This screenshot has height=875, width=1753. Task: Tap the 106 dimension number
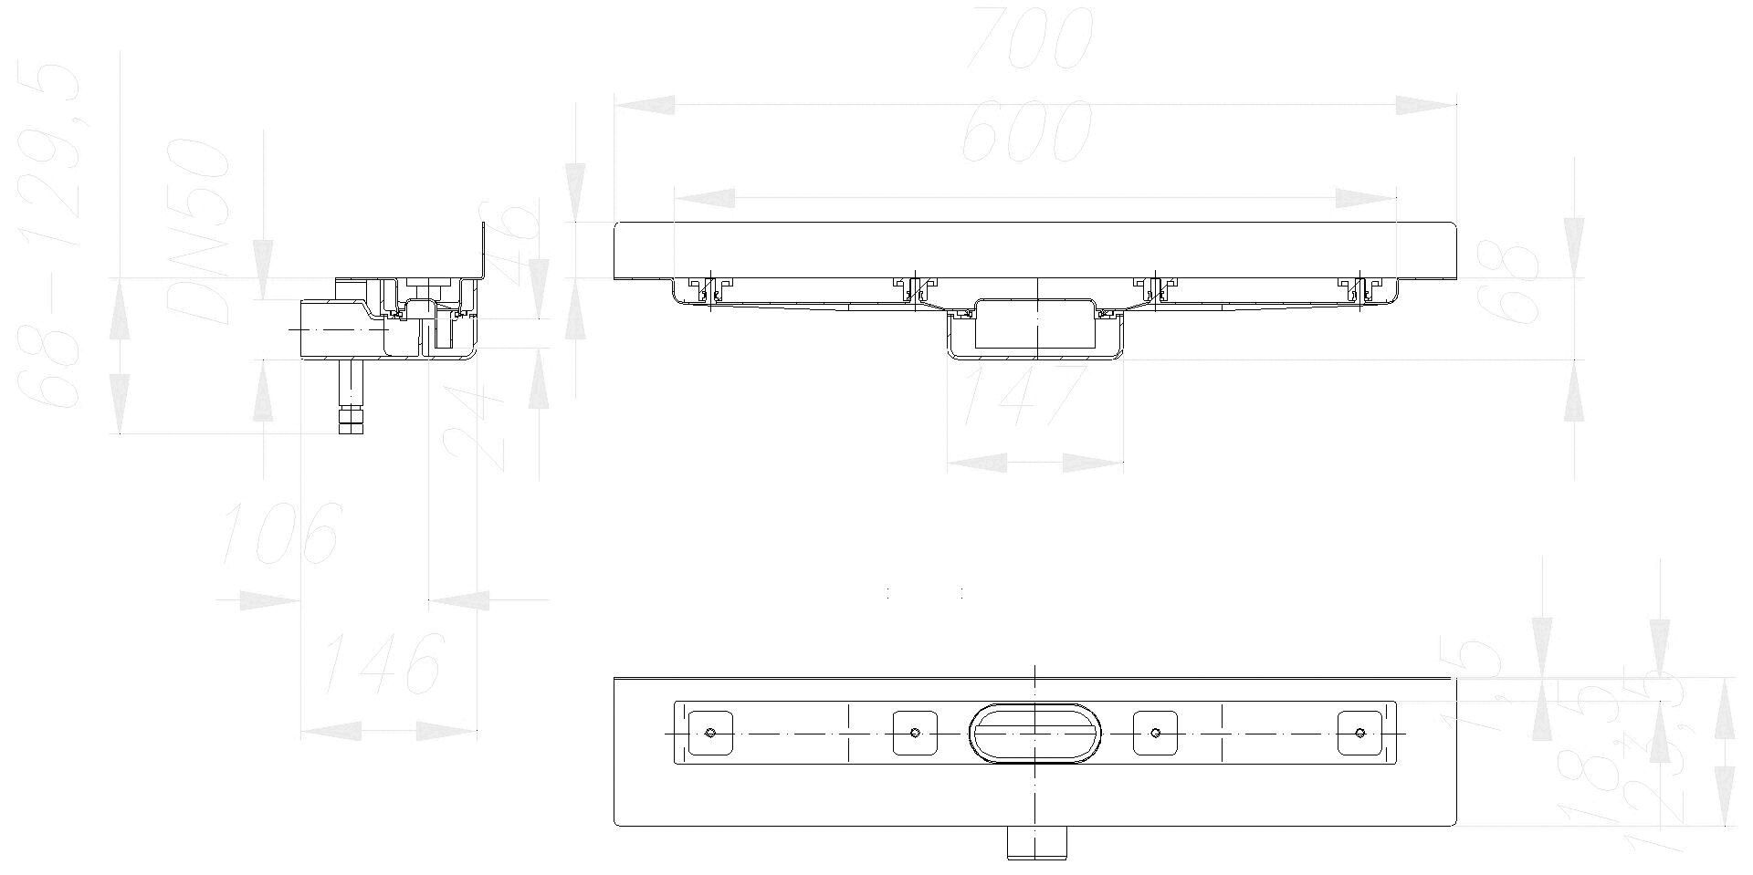(x=281, y=532)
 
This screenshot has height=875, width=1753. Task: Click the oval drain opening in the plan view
(x=1034, y=732)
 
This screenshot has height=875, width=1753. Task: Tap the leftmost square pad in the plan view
(x=710, y=732)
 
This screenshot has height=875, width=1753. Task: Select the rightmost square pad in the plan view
(x=1359, y=732)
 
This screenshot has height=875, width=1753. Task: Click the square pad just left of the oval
(x=915, y=732)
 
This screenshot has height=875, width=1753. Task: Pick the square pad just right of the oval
(x=1155, y=732)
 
